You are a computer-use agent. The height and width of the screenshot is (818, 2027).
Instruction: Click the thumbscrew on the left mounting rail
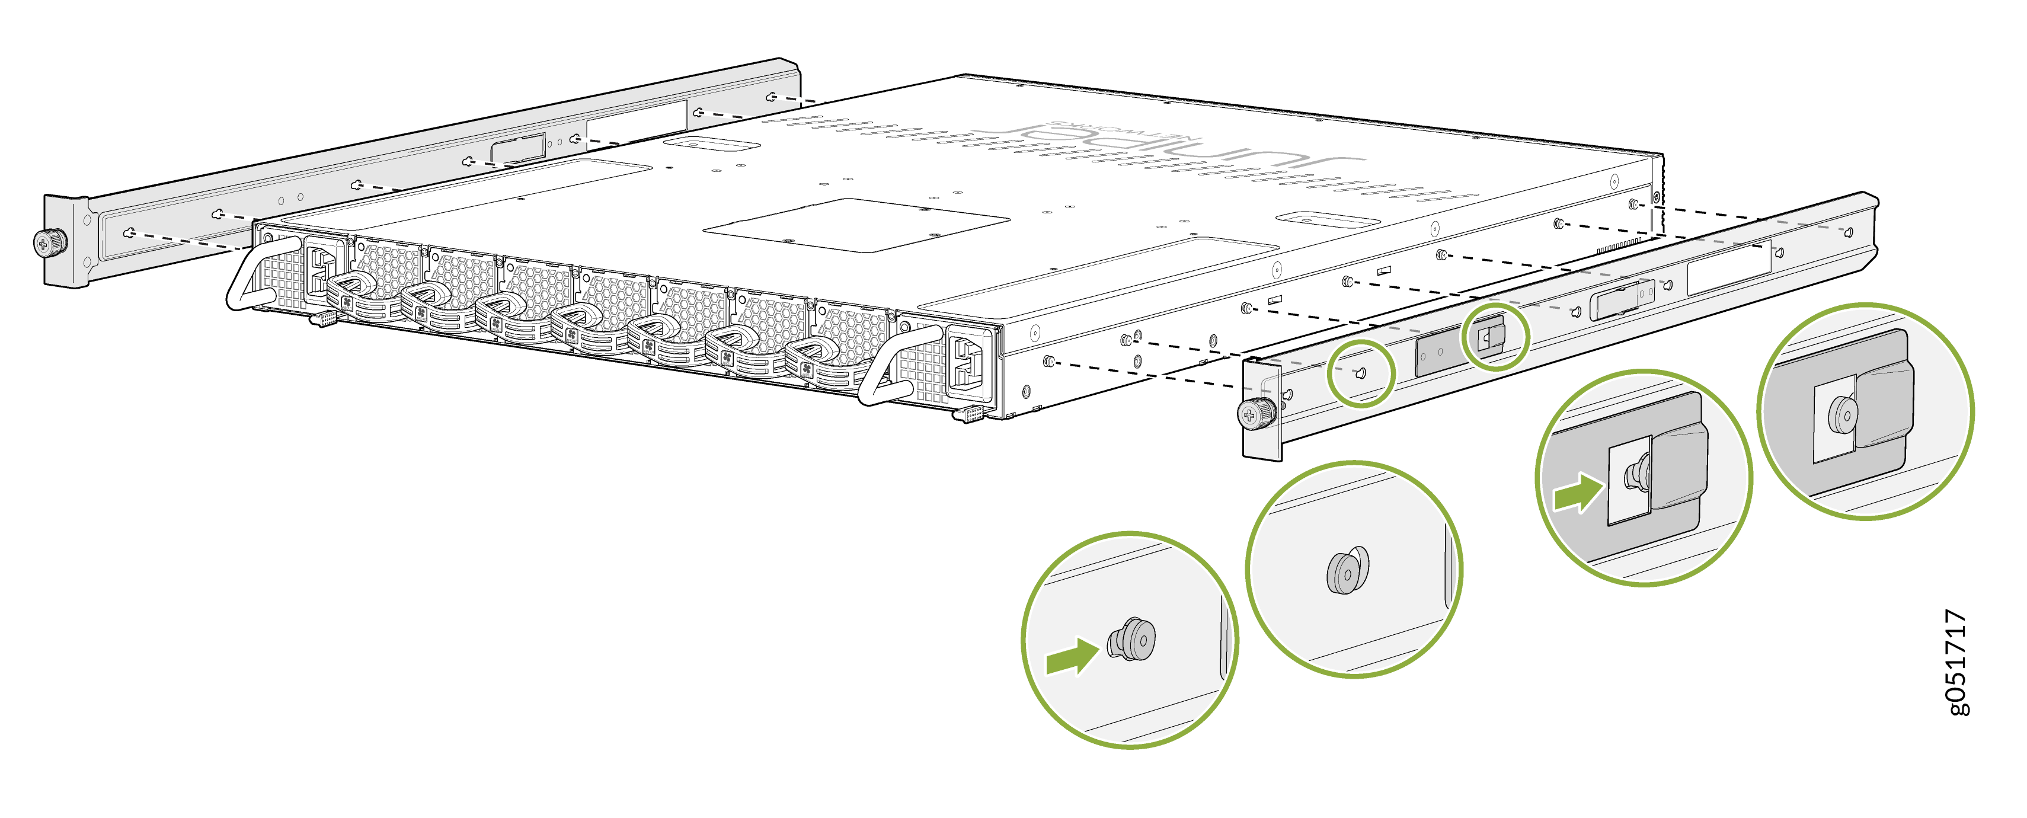[x=50, y=242]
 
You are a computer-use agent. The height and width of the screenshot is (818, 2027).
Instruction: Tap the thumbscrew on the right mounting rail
[x=1256, y=413]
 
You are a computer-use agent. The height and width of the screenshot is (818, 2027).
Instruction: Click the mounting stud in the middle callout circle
[x=1347, y=571]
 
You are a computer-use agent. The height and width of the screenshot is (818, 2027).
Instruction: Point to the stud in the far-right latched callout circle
[x=1842, y=415]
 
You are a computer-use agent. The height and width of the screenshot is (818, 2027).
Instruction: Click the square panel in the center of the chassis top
[x=856, y=225]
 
